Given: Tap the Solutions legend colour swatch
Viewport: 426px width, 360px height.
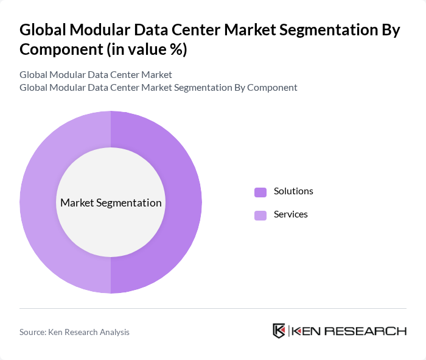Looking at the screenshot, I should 260,192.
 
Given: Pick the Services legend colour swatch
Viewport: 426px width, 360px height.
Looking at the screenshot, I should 260,215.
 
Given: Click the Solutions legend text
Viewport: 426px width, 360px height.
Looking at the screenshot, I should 293,191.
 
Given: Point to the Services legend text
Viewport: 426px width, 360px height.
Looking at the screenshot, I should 291,214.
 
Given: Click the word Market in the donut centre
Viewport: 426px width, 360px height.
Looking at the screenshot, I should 77,203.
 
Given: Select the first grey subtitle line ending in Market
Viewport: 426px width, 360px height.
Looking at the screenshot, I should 96,74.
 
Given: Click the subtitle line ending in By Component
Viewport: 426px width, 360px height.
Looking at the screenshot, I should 158,87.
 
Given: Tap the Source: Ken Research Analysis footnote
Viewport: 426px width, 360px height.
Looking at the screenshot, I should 74,332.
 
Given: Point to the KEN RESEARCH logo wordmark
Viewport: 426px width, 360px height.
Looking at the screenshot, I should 349,331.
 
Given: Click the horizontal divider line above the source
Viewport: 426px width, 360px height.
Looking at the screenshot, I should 213,308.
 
